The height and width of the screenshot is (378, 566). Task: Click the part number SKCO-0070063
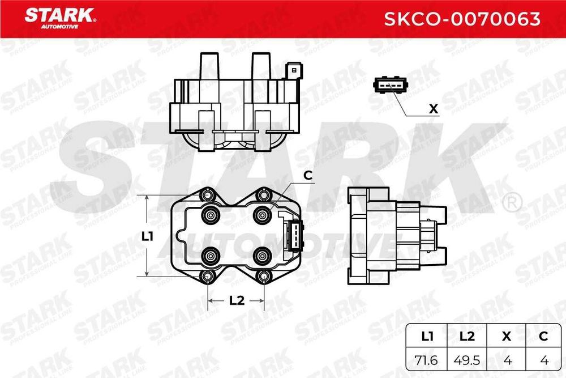pyautogui.click(x=462, y=19)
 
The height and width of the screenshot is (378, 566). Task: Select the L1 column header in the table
pyautogui.click(x=427, y=337)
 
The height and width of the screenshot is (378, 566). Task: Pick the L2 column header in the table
pyautogui.click(x=466, y=337)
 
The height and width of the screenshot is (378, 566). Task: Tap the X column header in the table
pyautogui.click(x=506, y=337)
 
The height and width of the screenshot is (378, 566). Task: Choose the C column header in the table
pyautogui.click(x=544, y=337)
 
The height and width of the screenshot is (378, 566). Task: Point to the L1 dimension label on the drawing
pyautogui.click(x=148, y=236)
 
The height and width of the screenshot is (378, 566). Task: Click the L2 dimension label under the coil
pyautogui.click(x=236, y=301)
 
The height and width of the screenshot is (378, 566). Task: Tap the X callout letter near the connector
pyautogui.click(x=434, y=109)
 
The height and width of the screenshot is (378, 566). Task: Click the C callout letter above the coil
pyautogui.click(x=308, y=176)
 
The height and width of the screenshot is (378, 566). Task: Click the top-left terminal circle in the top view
pyautogui.click(x=211, y=215)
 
